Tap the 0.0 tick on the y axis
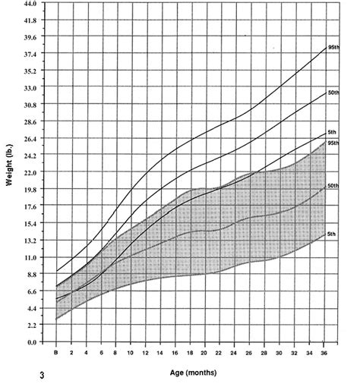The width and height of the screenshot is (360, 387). (31, 342)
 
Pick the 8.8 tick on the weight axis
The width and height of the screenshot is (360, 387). (30, 274)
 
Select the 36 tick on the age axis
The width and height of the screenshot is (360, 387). (325, 354)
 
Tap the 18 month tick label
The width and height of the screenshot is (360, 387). (190, 354)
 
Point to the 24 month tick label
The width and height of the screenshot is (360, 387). (235, 354)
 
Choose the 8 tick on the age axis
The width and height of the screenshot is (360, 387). (115, 354)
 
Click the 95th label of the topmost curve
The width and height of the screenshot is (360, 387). (333, 47)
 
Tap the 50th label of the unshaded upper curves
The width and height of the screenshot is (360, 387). (333, 92)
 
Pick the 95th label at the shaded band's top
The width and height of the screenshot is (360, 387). (333, 142)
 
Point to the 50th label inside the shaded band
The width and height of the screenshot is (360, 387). (333, 186)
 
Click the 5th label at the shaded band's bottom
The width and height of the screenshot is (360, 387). (331, 234)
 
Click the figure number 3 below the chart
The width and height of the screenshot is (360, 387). (52, 375)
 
